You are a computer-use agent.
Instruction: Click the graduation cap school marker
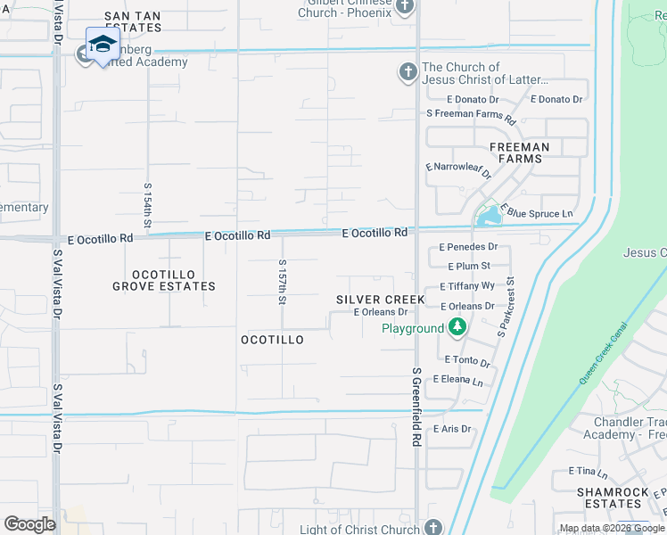pyautogui.click(x=103, y=45)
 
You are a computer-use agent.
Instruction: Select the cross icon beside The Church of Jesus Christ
pyautogui.click(x=408, y=72)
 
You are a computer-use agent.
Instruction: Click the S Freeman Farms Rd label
pyautogui.click(x=471, y=116)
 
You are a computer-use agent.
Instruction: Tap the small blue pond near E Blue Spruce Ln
pyautogui.click(x=488, y=215)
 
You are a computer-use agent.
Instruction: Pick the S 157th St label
pyautogui.click(x=282, y=282)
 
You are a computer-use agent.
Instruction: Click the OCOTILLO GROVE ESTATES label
pyautogui.click(x=163, y=280)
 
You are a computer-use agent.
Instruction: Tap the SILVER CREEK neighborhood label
pyautogui.click(x=380, y=300)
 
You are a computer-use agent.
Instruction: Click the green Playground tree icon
pyautogui.click(x=457, y=328)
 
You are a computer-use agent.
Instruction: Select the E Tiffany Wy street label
pyautogui.click(x=467, y=286)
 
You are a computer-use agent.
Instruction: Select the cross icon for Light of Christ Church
pyautogui.click(x=433, y=527)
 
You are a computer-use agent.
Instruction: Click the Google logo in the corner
pyautogui.click(x=29, y=523)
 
